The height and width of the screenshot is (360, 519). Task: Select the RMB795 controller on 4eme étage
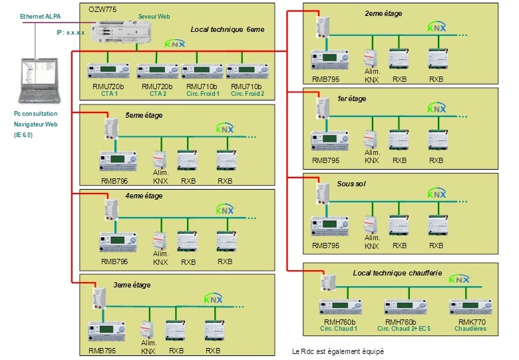(118, 238)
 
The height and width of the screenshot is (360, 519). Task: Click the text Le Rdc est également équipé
(338, 351)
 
